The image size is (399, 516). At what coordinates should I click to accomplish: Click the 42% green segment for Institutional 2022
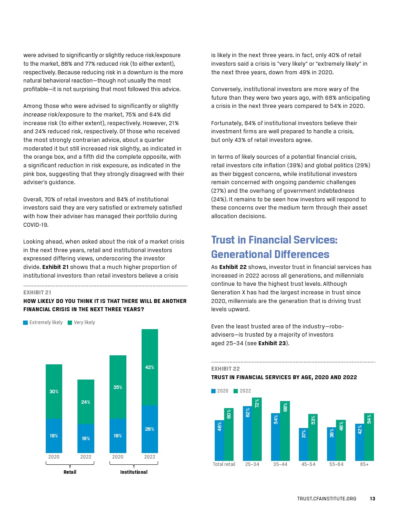pyautogui.click(x=149, y=367)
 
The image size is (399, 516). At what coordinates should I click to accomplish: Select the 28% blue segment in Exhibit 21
pyautogui.click(x=149, y=429)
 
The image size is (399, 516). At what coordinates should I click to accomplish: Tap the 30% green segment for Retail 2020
pyautogui.click(x=54, y=391)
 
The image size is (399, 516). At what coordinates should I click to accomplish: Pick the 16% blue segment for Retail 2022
pyautogui.click(x=86, y=438)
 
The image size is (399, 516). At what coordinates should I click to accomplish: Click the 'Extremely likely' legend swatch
pyautogui.click(x=25, y=322)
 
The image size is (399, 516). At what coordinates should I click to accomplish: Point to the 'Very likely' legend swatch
pyautogui.click(x=70, y=322)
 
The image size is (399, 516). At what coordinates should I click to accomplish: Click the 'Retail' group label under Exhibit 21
pyautogui.click(x=70, y=472)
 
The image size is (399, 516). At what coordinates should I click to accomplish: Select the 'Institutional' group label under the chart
pyautogui.click(x=134, y=472)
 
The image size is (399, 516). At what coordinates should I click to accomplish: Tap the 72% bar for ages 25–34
pyautogui.click(x=257, y=429)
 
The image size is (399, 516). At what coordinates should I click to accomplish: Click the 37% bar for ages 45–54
pyautogui.click(x=304, y=444)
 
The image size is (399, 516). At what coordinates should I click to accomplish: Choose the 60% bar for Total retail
pyautogui.click(x=229, y=434)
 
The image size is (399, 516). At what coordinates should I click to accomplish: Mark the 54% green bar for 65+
pyautogui.click(x=369, y=437)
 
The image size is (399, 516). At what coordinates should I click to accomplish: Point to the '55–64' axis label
pyautogui.click(x=336, y=464)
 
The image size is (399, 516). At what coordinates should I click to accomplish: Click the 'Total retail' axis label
pyautogui.click(x=224, y=464)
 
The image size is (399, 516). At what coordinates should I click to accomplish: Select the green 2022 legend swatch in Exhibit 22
pyautogui.click(x=236, y=391)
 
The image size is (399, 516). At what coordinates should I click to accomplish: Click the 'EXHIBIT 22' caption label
pyautogui.click(x=225, y=369)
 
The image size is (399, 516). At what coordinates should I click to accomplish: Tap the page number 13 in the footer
pyautogui.click(x=372, y=498)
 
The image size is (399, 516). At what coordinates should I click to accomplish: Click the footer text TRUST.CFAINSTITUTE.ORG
pyautogui.click(x=327, y=498)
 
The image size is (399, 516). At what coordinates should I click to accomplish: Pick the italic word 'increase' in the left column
pyautogui.click(x=35, y=115)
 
